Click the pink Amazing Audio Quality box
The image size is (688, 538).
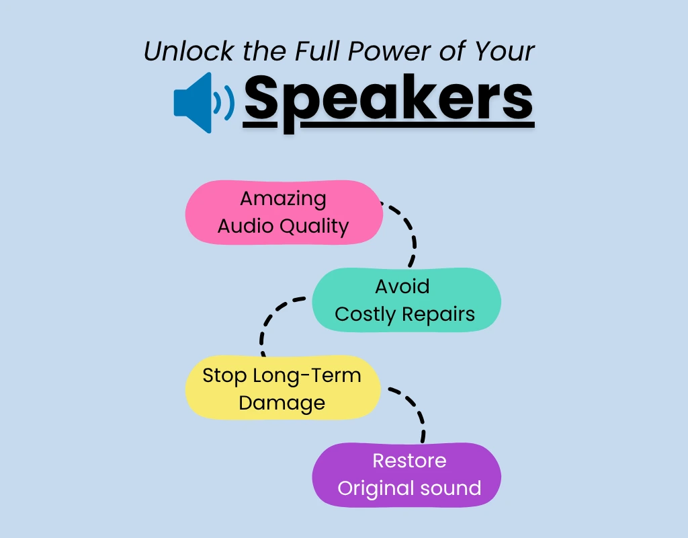(284, 213)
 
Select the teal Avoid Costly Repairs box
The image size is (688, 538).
(406, 300)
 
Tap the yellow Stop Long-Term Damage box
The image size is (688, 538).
(282, 389)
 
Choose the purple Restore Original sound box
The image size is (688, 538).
(407, 475)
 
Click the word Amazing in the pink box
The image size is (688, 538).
(283, 199)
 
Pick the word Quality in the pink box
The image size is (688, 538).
(314, 227)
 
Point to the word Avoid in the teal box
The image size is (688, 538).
(402, 286)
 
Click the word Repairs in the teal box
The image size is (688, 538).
(439, 314)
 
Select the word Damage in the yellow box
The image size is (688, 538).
(282, 403)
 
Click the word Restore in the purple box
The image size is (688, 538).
(409, 461)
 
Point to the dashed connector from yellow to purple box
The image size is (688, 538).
(417, 410)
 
